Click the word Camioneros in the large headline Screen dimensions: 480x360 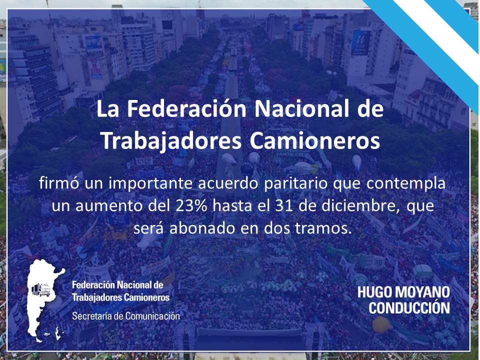(314, 141)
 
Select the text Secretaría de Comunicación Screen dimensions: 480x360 (126, 316)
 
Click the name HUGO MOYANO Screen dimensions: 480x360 (403, 292)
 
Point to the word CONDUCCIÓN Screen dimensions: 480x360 (409, 307)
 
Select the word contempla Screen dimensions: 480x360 (406, 183)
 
